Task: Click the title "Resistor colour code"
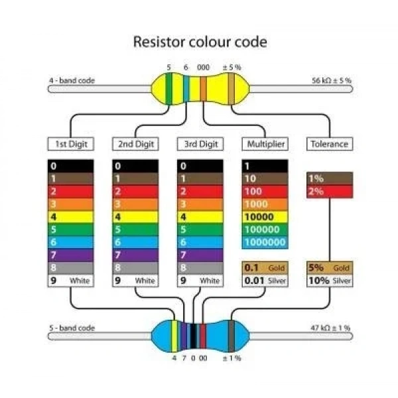click(x=200, y=42)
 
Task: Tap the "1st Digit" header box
click(x=71, y=144)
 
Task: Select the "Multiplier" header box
click(x=265, y=144)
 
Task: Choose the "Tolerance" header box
click(x=330, y=144)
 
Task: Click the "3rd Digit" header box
click(x=200, y=144)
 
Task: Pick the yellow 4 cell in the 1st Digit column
click(x=71, y=217)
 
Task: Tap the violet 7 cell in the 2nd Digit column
click(x=135, y=255)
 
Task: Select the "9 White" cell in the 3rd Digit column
click(x=200, y=281)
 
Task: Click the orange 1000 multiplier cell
click(x=265, y=204)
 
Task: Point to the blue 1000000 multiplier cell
click(x=265, y=242)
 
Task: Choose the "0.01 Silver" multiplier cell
click(x=265, y=281)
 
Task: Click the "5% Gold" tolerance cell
click(x=330, y=268)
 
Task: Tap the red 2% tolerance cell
click(x=330, y=192)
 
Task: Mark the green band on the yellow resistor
click(x=168, y=89)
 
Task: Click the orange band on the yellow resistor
click(x=204, y=89)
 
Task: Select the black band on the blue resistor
click(x=194, y=336)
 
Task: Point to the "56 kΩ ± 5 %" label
click(x=332, y=81)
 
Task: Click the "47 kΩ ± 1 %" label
click(x=330, y=328)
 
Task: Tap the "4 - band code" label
click(x=72, y=81)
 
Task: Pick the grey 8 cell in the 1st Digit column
click(x=71, y=268)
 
